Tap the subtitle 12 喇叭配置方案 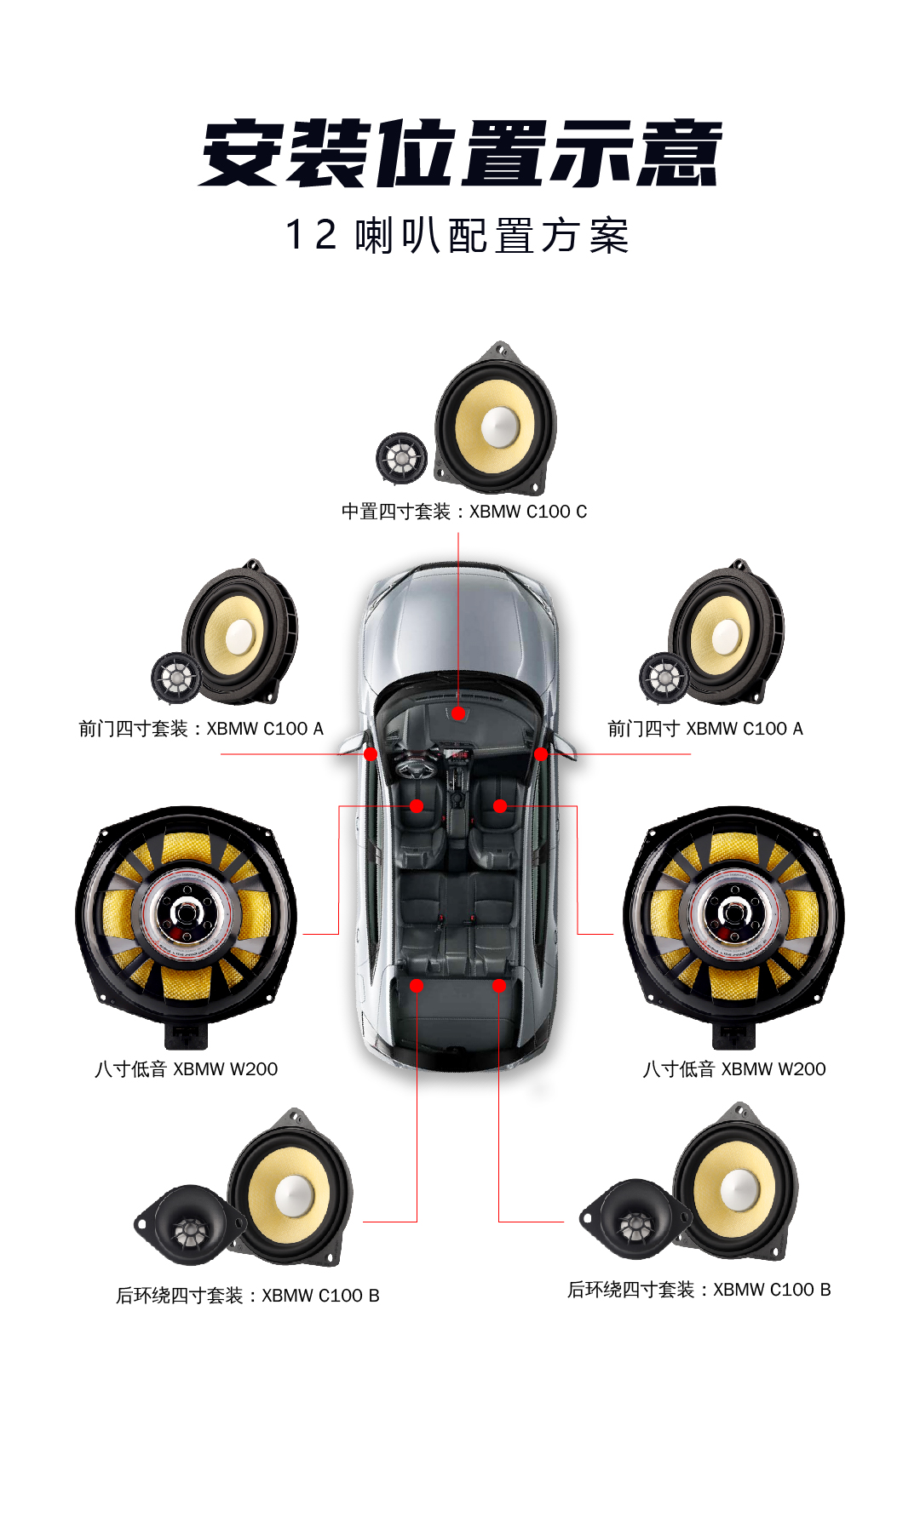coord(458,235)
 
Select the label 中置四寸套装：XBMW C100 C coord(464,512)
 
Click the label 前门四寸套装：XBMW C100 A coord(201,729)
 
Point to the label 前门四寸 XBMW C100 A coord(705,729)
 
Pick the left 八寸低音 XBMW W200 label coord(186,1069)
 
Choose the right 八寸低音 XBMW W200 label coord(734,1069)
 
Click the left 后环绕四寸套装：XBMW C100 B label coord(248,1296)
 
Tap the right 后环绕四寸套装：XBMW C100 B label coord(699,1290)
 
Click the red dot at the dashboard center coord(458,713)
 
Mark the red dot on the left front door coord(371,753)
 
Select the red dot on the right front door coord(541,753)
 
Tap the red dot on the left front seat coord(417,806)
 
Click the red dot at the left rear coord(417,986)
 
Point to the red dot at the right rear coord(499,986)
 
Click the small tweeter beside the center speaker coord(401,457)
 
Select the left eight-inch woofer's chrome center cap coord(186,913)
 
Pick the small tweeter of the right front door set coord(664,678)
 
